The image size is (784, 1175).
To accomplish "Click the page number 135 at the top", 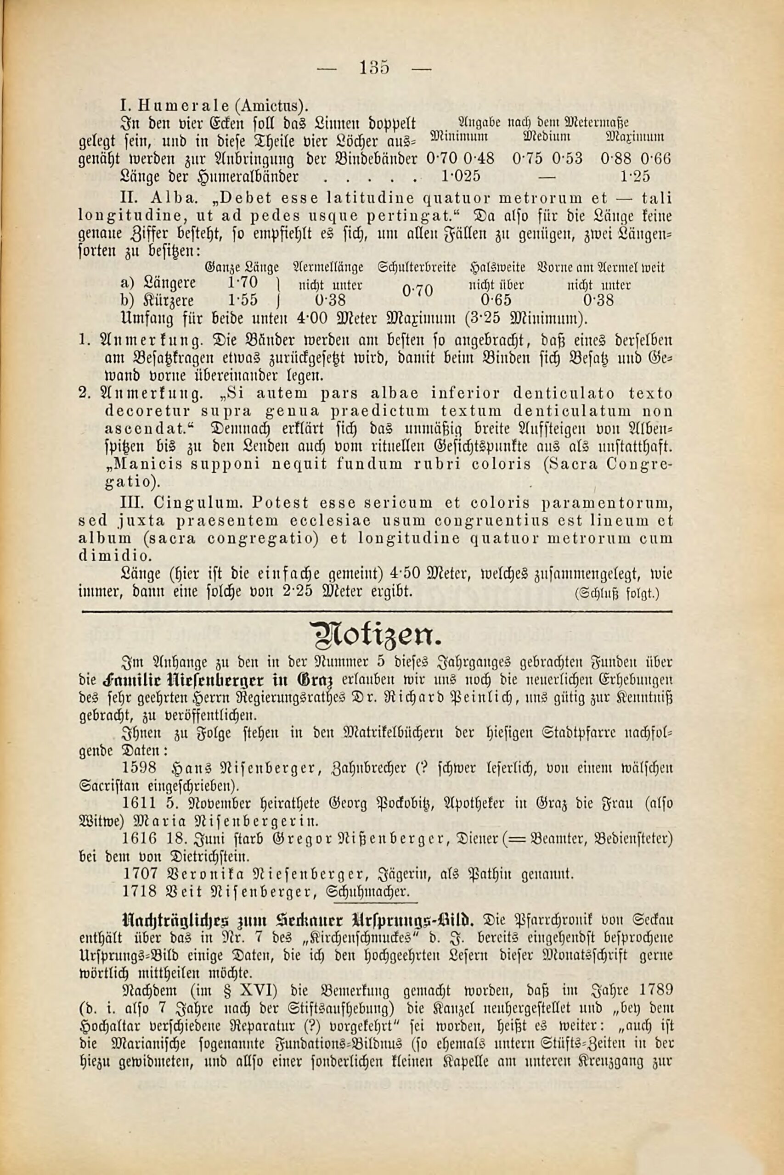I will click(374, 67).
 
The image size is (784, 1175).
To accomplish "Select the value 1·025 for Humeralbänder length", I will click(461, 176).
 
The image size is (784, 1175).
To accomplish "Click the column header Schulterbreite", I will click(417, 268).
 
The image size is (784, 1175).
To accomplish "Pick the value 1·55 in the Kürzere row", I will click(243, 300).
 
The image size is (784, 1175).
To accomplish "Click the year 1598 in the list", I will click(140, 768).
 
